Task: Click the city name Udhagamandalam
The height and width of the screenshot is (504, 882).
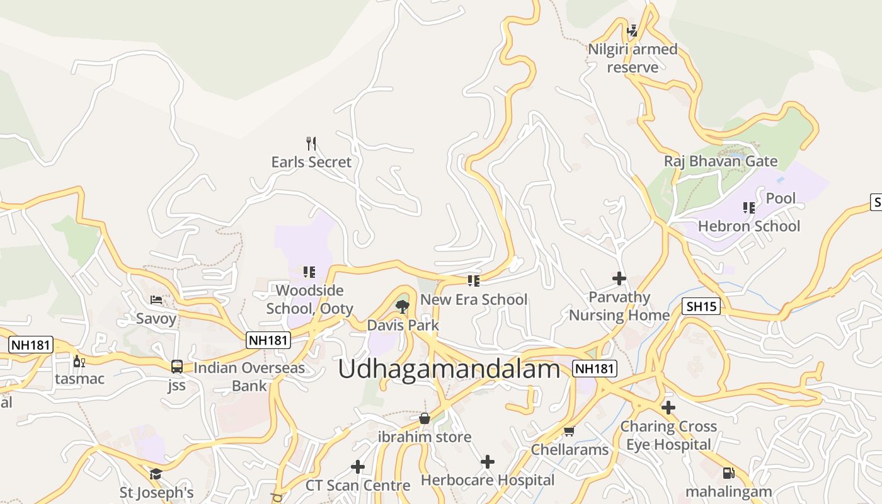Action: point(449,369)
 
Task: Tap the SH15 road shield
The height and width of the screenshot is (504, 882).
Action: point(701,307)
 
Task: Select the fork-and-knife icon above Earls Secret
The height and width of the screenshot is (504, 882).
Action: point(311,144)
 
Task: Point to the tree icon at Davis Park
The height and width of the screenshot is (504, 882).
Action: point(403,307)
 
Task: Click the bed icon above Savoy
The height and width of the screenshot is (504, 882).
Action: point(156,300)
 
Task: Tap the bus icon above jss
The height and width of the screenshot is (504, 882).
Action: point(177,367)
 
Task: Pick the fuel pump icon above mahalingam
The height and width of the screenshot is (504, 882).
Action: point(728,472)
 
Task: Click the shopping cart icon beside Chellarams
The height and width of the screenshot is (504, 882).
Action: point(569,431)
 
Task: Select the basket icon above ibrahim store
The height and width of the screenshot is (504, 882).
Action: point(425,418)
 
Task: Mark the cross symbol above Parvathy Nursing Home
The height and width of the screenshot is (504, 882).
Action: point(619,278)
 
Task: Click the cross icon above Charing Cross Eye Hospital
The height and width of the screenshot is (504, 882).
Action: point(668,408)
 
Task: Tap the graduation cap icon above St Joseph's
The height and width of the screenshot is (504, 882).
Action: point(156,474)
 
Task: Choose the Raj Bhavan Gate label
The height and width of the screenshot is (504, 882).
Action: point(721,161)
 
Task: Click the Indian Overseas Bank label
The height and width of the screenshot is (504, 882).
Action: point(249,376)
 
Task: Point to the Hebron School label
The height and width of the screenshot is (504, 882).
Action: point(748,226)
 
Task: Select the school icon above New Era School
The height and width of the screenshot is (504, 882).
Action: point(473,280)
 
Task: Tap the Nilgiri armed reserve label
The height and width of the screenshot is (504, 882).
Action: point(633,58)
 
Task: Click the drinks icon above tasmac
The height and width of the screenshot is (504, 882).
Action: point(79,361)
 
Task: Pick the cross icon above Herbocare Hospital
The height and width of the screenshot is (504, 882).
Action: point(487,462)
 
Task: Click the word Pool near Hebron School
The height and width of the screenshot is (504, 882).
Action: point(781,198)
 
